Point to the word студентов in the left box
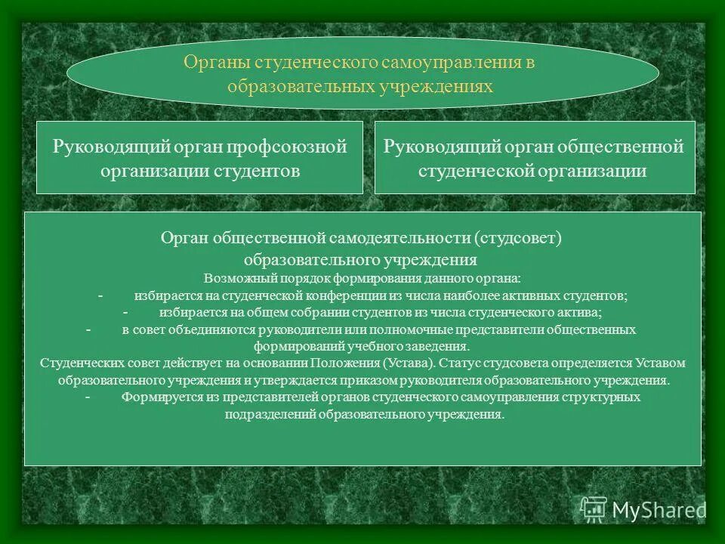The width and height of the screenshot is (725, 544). click(x=262, y=171)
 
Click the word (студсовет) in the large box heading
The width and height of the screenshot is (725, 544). click(x=519, y=238)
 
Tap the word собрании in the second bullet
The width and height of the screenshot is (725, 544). click(x=331, y=312)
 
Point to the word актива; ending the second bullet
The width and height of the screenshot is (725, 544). click(x=582, y=312)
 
